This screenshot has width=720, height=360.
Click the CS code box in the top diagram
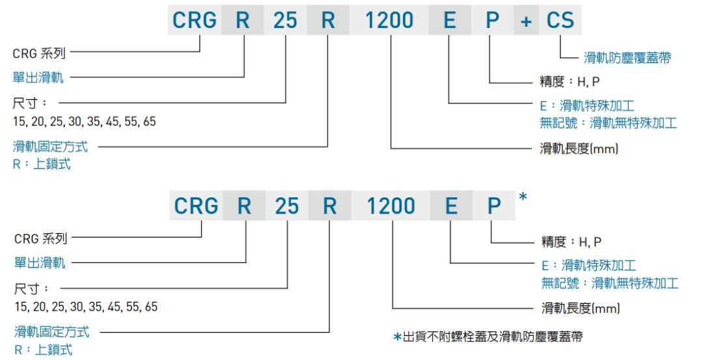(561, 20)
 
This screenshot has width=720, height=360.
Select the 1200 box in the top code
(389, 20)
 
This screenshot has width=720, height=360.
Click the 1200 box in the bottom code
(391, 206)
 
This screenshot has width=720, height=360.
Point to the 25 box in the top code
(285, 20)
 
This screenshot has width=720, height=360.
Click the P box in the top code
(493, 20)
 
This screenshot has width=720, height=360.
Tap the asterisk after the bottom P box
(523, 197)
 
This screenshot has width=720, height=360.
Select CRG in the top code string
(195, 20)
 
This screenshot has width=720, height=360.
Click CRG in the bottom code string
(196, 206)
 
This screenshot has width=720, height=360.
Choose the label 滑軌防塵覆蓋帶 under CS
(627, 58)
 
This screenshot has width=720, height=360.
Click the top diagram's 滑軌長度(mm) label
(579, 148)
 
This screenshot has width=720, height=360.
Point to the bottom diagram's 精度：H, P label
(572, 242)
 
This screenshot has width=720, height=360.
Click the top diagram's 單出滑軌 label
(38, 77)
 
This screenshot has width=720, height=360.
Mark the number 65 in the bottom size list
(150, 306)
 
